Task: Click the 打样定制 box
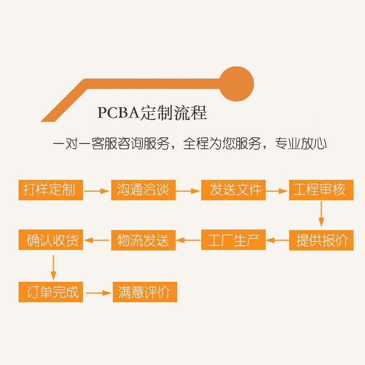(51, 190)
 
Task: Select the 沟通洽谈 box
(143, 190)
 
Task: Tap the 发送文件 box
(233, 190)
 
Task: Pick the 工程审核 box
(321, 190)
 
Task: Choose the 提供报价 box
(321, 240)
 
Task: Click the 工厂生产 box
(233, 240)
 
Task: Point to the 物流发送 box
(143, 240)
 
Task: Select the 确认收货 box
(51, 240)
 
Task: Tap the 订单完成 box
(51, 292)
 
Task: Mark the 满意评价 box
(145, 292)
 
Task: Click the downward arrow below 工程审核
(321, 214)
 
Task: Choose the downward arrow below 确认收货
(53, 268)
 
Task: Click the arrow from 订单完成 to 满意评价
(99, 292)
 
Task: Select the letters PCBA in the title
(118, 113)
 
